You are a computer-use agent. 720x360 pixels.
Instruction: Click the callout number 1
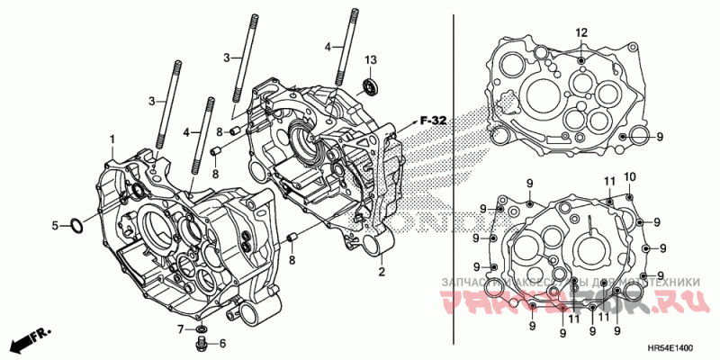point(112,139)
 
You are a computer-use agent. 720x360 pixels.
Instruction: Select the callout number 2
point(381,271)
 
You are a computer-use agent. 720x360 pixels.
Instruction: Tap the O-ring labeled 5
point(76,225)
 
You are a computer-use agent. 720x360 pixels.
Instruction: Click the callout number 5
point(54,225)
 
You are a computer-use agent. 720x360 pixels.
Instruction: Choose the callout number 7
point(180,328)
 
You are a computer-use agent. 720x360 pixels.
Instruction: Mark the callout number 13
point(370,59)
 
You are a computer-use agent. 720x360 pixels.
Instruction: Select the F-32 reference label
point(433,120)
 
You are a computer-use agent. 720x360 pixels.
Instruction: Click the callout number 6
point(221,343)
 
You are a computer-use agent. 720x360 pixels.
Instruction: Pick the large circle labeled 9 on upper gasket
point(638,137)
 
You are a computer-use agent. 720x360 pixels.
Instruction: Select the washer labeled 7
point(200,328)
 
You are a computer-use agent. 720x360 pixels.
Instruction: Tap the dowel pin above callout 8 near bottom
point(292,238)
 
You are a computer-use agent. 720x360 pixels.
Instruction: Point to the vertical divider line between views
point(451,180)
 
